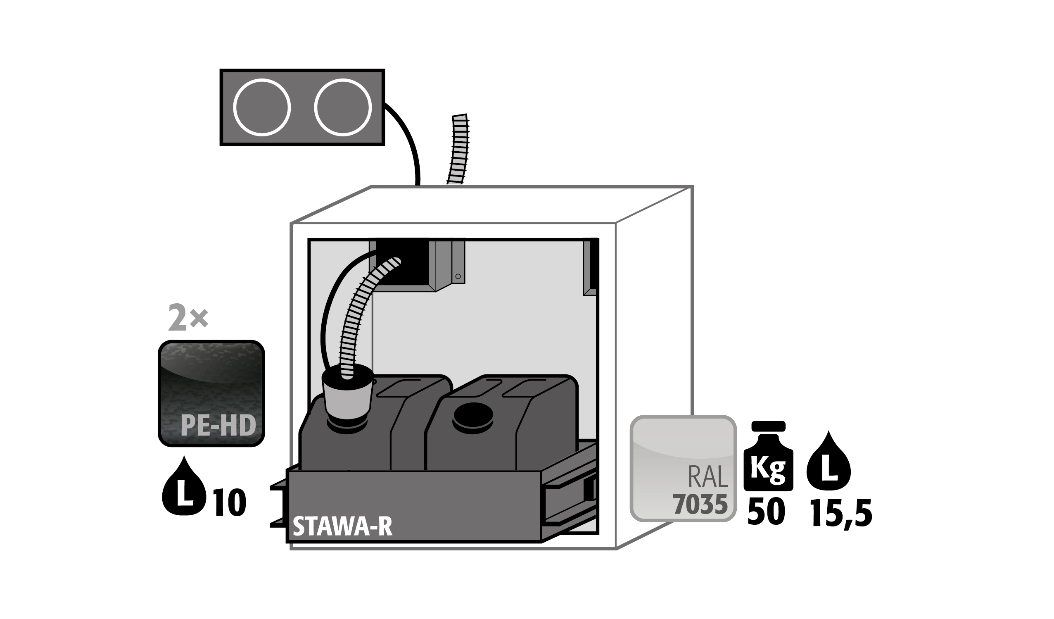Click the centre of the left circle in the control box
pos(262,107)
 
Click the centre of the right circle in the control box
pos(343,107)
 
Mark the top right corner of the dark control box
pos(384,70)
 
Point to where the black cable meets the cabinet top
pos(418,185)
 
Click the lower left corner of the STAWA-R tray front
pos(287,543)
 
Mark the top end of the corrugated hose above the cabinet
pos(459,115)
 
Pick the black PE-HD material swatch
pos(211,393)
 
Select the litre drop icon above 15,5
pos(828,460)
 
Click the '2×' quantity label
pos(188,318)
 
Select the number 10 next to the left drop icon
pos(230,502)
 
